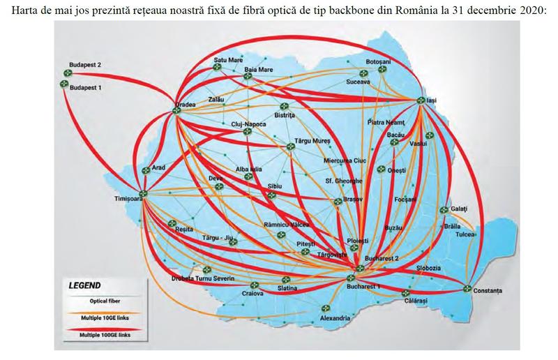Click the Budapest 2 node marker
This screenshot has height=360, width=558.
(68, 73)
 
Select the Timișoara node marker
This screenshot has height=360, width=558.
(142, 195)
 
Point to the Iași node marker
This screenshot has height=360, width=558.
(421, 101)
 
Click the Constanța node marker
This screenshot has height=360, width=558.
(466, 287)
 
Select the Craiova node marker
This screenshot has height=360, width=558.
(255, 286)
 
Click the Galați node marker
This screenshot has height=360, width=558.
(444, 209)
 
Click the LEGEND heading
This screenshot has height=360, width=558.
(84, 285)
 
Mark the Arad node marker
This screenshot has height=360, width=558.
(146, 170)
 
